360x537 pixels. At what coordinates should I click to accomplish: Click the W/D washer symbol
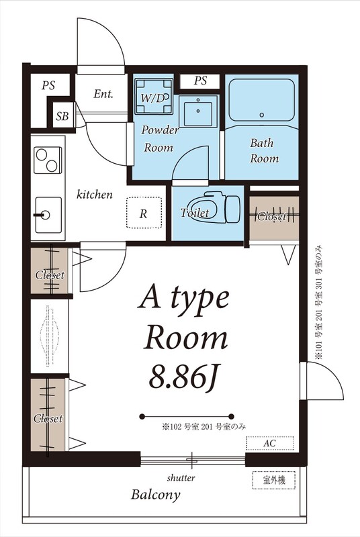coord(154,96)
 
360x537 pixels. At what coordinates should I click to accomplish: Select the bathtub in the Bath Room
coord(261,100)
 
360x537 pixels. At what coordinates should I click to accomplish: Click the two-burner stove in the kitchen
coord(48,160)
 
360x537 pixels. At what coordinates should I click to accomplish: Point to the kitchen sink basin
coord(48,215)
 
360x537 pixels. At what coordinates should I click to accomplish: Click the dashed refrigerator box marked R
coord(144,213)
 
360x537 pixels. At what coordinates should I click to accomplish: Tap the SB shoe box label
coord(62,116)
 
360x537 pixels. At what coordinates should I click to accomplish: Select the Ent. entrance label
coord(103,93)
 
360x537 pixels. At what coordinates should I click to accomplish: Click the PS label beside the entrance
coord(48,85)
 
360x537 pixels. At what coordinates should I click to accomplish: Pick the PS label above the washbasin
coord(200,81)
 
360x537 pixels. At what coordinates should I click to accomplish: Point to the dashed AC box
coord(270,443)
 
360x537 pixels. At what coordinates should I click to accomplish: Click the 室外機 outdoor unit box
coord(273,480)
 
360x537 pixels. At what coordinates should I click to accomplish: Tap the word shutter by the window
coord(181,478)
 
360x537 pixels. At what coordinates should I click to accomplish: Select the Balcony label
coord(156,495)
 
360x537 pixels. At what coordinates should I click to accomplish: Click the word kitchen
coord(94,195)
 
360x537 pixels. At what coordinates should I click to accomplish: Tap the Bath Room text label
coord(264,150)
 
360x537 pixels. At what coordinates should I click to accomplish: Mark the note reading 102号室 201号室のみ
coord(204,427)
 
